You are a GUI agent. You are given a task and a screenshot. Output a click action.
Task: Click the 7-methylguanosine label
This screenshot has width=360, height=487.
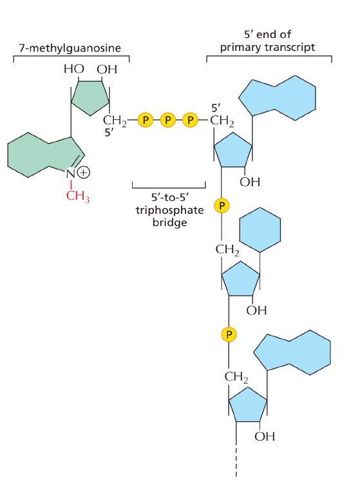(70, 48)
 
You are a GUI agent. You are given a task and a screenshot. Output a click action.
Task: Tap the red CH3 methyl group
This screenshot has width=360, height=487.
(78, 196)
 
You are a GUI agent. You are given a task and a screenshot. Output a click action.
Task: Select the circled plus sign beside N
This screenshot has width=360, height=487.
(84, 172)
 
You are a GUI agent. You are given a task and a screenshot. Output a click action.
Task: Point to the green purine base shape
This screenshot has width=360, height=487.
(44, 155)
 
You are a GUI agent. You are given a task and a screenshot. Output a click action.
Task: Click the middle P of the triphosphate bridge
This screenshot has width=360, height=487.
(167, 120)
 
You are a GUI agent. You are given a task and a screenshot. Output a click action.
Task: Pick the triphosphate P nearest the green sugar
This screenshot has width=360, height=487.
(145, 120)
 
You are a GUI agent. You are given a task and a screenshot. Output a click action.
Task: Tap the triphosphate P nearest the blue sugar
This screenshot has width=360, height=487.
(190, 120)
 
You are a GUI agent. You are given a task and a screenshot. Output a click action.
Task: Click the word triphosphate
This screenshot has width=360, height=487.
(169, 211)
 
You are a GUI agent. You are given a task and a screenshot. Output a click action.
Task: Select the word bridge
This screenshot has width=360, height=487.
(169, 223)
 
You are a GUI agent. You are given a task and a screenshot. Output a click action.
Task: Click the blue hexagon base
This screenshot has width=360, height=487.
(260, 230)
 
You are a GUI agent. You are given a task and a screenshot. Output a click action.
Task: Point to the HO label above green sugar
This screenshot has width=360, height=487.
(73, 69)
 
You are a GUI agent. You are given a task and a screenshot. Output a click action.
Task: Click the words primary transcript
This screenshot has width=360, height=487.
(267, 48)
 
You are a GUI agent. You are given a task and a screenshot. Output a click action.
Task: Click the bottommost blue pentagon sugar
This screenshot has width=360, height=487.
(247, 405)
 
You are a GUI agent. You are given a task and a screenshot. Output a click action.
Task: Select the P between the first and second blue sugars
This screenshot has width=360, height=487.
(222, 205)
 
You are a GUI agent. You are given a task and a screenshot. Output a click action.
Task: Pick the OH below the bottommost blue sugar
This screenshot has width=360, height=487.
(265, 436)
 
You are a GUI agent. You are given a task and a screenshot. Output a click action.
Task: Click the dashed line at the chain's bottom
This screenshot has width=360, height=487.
(236, 462)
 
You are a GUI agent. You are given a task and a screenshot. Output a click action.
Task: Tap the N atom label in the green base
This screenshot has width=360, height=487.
(71, 174)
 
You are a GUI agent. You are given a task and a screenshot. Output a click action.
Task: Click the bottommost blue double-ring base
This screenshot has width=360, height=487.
(292, 352)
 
